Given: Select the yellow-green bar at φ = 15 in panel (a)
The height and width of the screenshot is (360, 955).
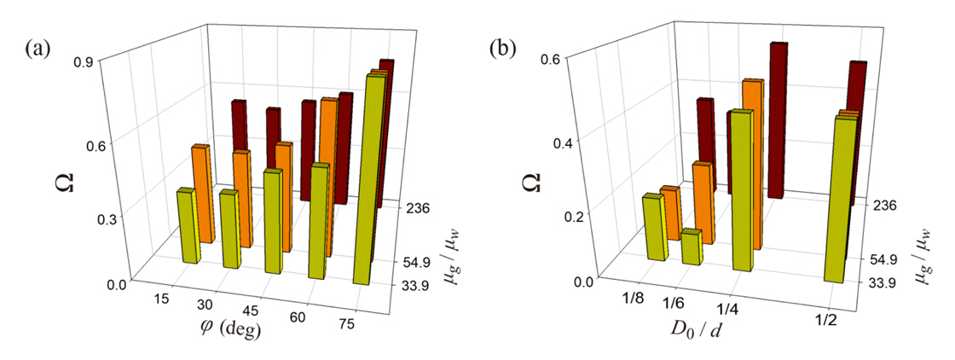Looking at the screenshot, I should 188,226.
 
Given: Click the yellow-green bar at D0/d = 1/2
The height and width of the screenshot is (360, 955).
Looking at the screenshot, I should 840,200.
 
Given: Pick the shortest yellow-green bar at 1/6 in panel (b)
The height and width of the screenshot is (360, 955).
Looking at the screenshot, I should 692,247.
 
